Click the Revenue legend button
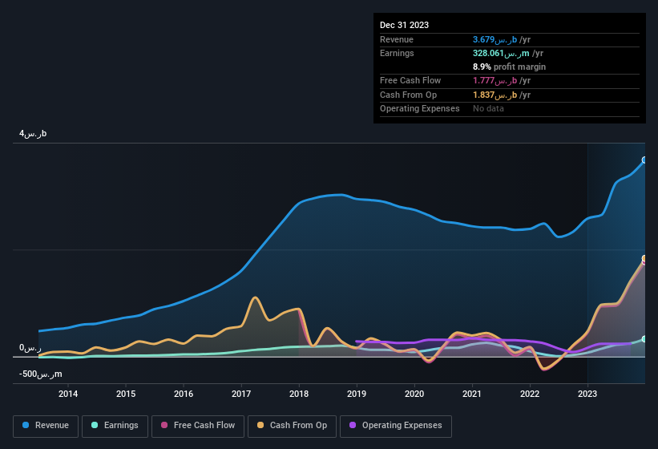46,426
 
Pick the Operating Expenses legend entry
396,426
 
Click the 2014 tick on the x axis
68,394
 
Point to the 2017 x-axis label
241,394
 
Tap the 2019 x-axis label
357,394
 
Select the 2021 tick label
472,394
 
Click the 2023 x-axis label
587,394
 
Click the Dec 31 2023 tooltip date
404,25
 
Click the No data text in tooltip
488,108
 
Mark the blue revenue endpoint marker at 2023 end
644,160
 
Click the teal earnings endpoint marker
644,339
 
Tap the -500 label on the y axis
40,374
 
